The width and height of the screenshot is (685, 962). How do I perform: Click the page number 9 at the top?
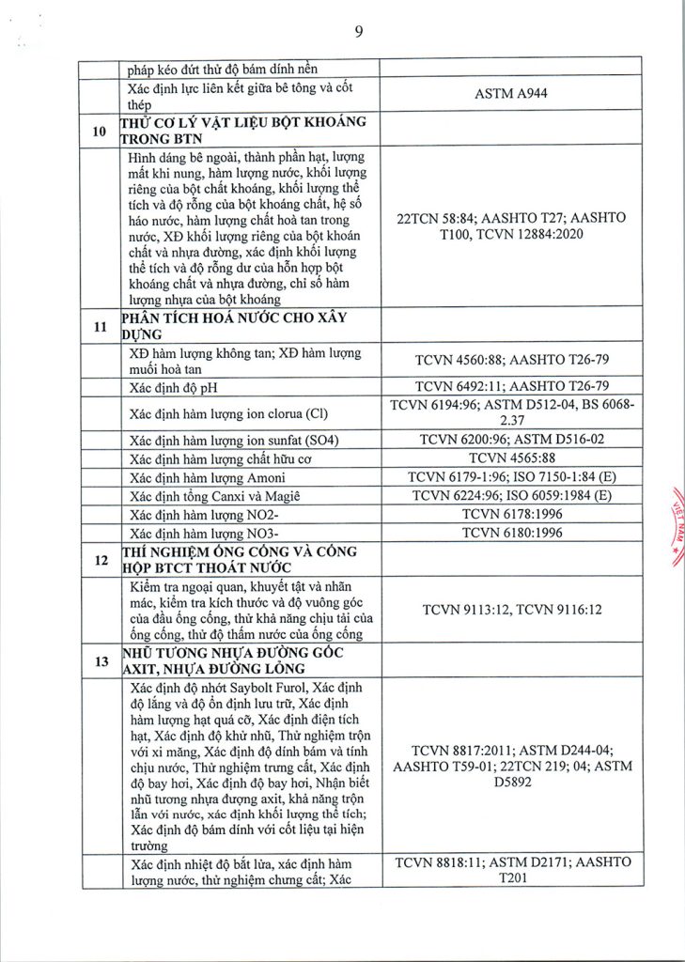(359, 31)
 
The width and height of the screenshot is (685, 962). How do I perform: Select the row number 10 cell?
(99, 132)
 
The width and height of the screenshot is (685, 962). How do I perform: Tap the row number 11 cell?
(99, 327)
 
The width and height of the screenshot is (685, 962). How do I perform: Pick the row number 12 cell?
(99, 559)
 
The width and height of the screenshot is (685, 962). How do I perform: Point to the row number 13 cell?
(99, 659)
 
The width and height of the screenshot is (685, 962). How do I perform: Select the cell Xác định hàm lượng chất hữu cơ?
(215, 458)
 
